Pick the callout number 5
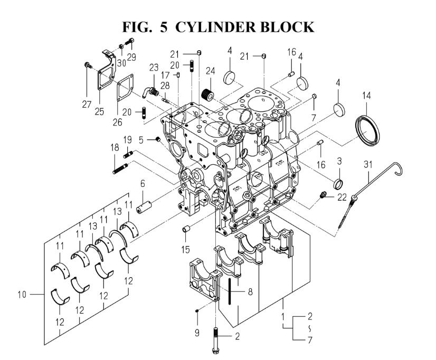click(x=141, y=140)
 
